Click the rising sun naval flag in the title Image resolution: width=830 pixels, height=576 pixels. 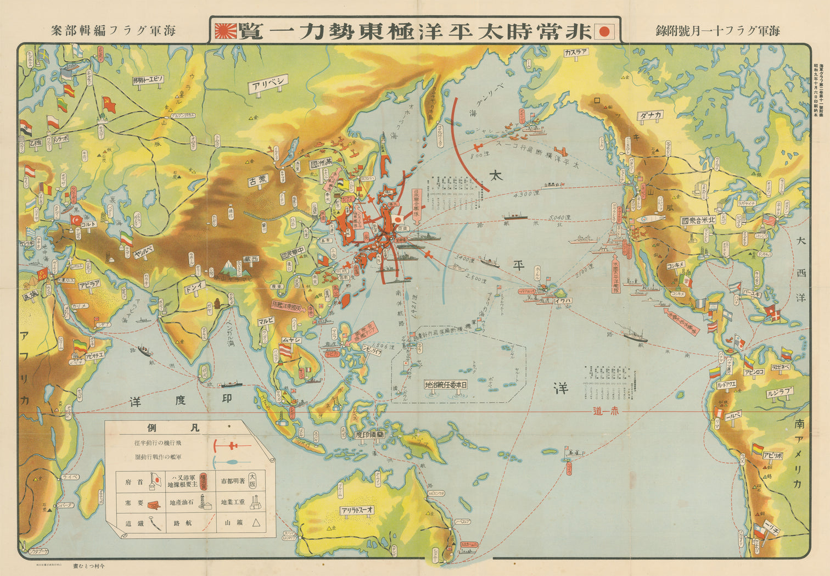click(226, 31)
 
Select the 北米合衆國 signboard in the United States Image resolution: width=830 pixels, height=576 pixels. click(698, 221)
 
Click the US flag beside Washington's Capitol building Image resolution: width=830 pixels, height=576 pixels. click(770, 220)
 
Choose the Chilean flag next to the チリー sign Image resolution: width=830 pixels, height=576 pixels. click(760, 530)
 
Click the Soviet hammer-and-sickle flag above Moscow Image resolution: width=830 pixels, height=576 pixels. click(109, 103)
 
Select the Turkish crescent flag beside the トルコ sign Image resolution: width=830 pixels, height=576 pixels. click(75, 220)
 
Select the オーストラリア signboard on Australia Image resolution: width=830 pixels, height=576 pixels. click(356, 510)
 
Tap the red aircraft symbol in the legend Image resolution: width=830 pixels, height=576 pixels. click(233, 445)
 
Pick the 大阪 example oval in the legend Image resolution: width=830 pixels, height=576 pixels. click(253, 481)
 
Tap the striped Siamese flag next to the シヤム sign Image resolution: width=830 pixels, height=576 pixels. click(286, 350)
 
